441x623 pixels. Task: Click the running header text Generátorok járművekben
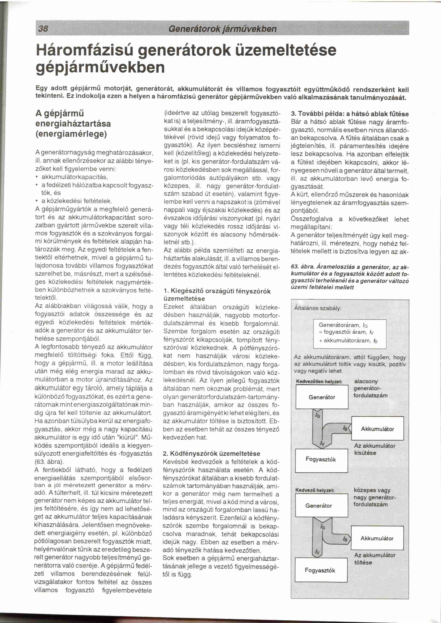(x=222, y=28)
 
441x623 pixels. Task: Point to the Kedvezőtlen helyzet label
(x=319, y=382)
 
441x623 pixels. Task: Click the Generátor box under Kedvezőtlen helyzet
(x=322, y=397)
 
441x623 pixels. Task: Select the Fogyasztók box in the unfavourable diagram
(x=322, y=459)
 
